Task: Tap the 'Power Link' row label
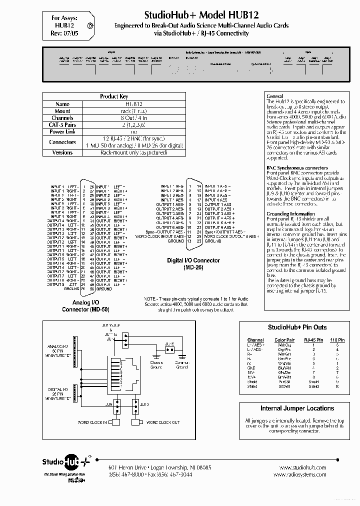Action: click(x=62, y=131)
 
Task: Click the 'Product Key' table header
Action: click(x=114, y=96)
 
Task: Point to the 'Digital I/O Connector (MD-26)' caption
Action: click(x=193, y=263)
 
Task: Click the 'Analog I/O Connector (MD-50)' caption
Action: click(x=85, y=305)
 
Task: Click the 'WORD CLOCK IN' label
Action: click(x=92, y=422)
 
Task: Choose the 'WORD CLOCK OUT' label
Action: click(x=162, y=422)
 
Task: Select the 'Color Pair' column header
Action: click(x=284, y=339)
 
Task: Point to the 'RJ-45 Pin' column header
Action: click(x=313, y=339)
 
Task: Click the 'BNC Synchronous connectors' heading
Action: click(x=297, y=168)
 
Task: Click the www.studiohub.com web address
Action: click(x=300, y=467)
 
